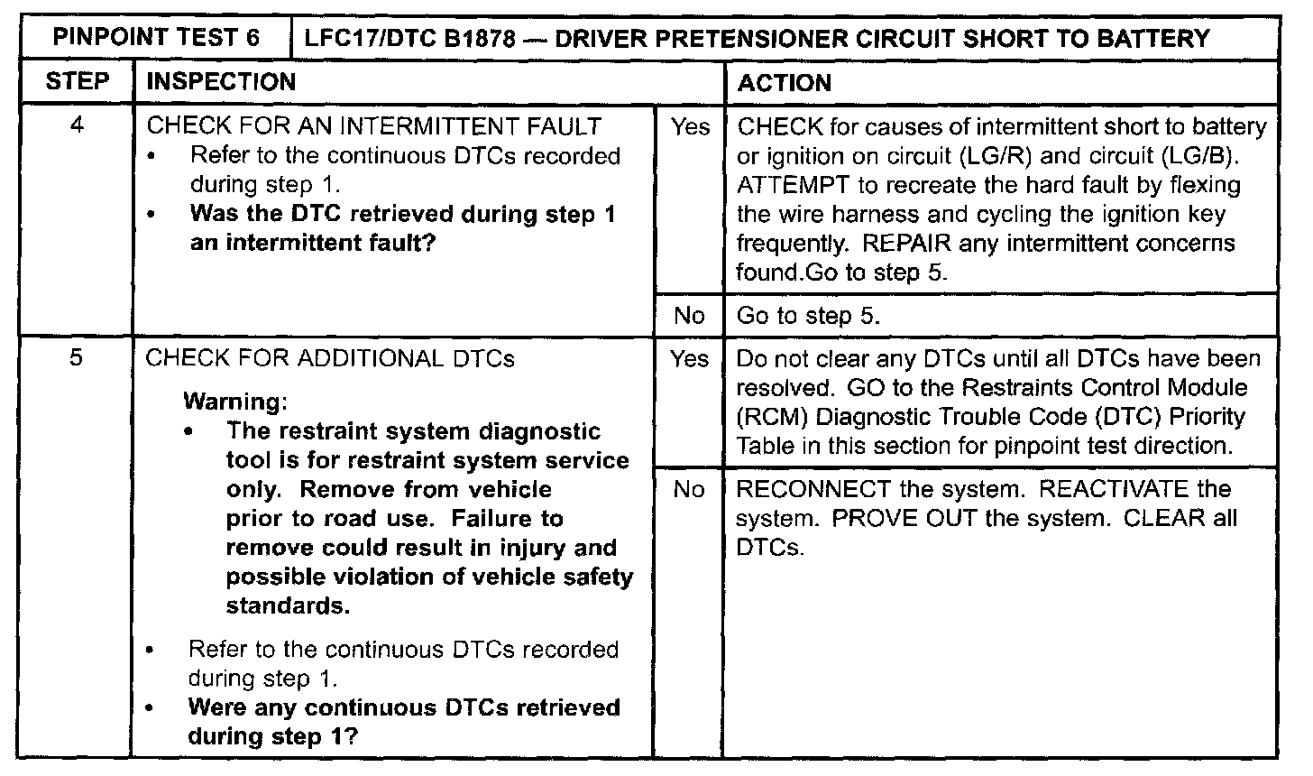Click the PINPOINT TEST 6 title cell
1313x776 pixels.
tap(156, 38)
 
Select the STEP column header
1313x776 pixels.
tap(77, 82)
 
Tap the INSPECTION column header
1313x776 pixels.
tap(221, 82)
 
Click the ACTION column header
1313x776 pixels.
tap(784, 83)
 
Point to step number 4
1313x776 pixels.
tap(77, 125)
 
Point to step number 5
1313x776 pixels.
tap(77, 358)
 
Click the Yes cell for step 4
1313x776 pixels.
tap(690, 127)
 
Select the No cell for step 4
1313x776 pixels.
tap(689, 315)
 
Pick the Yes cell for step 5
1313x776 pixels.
tap(690, 359)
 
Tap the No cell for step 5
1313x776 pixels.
tap(689, 489)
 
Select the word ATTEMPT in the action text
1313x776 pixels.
tap(787, 186)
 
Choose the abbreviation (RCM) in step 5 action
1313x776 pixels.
tap(767, 417)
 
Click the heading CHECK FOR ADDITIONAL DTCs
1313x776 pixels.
tap(330, 358)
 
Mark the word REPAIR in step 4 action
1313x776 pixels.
tap(904, 244)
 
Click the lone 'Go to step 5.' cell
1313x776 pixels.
tap(808, 316)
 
